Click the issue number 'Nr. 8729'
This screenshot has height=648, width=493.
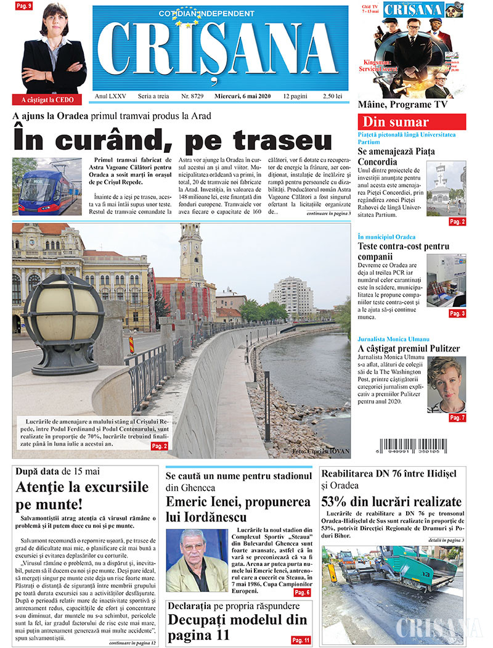[194, 97]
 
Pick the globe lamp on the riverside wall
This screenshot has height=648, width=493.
[63, 315]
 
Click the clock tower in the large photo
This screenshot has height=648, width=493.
[191, 253]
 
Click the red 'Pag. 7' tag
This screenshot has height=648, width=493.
[457, 418]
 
